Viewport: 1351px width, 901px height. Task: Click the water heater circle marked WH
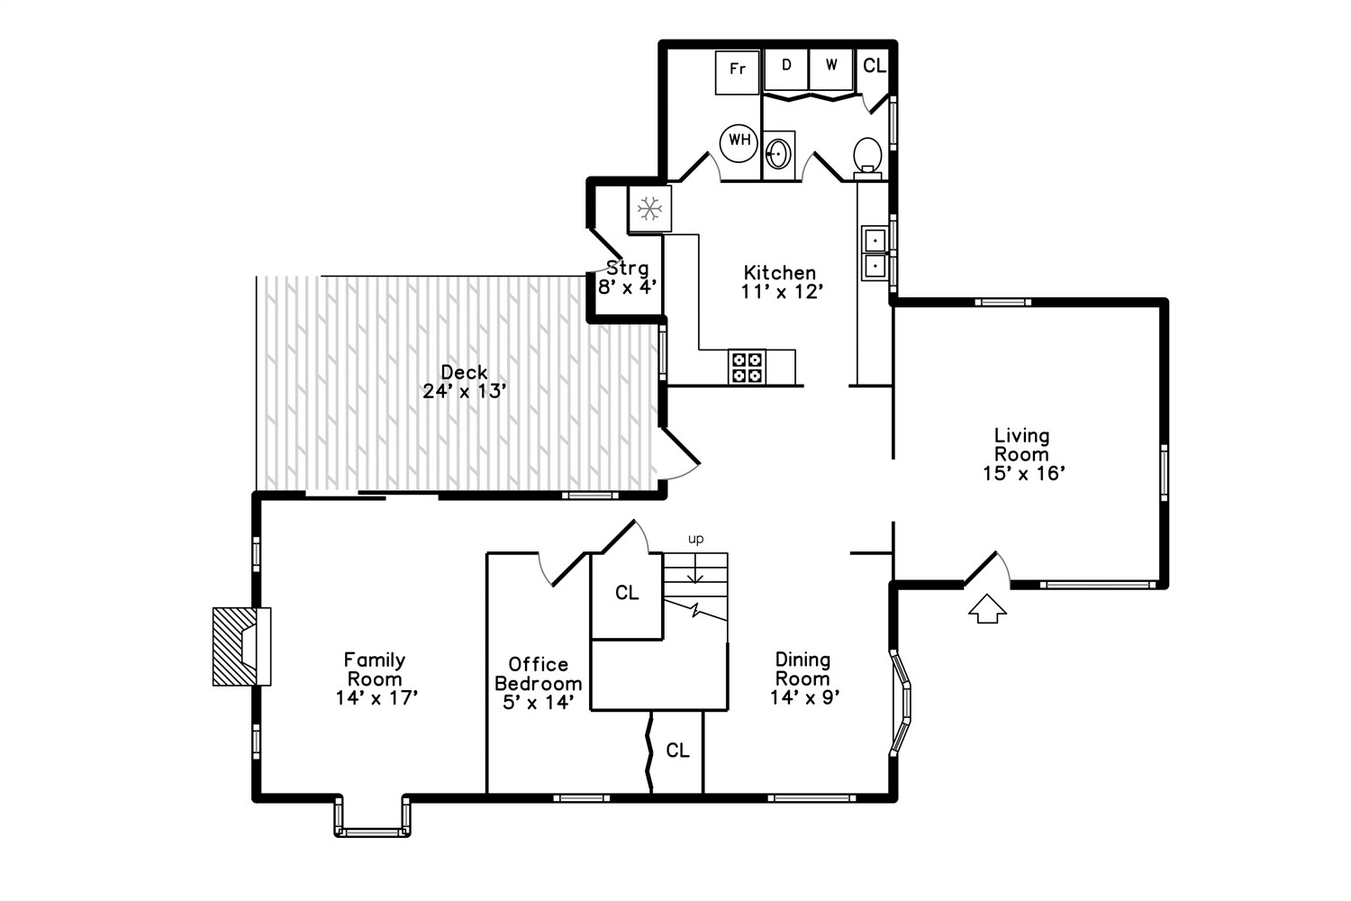pyautogui.click(x=739, y=143)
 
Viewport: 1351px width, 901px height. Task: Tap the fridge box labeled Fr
pyautogui.click(x=737, y=72)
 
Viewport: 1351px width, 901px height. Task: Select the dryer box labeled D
pyautogui.click(x=786, y=69)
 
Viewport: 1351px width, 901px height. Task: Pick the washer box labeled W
pyautogui.click(x=830, y=69)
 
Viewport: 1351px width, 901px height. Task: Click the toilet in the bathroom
pyautogui.click(x=868, y=158)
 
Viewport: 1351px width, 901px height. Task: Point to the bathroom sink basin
pyautogui.click(x=779, y=155)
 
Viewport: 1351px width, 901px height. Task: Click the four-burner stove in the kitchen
pyautogui.click(x=747, y=367)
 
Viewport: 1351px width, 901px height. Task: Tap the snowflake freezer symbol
pyautogui.click(x=649, y=209)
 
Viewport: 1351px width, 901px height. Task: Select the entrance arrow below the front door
pyautogui.click(x=987, y=608)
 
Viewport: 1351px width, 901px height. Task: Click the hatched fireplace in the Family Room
pyautogui.click(x=241, y=646)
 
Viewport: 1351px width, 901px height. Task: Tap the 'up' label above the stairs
pyautogui.click(x=695, y=539)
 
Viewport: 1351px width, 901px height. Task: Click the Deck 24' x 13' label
pyautogui.click(x=464, y=382)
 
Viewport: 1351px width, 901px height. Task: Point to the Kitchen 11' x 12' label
pyautogui.click(x=781, y=282)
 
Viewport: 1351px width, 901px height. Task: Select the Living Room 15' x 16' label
pyautogui.click(x=1023, y=454)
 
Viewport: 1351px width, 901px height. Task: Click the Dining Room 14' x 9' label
pyautogui.click(x=804, y=678)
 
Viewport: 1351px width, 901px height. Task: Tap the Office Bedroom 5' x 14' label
pyautogui.click(x=538, y=683)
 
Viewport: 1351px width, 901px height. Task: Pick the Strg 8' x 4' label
pyautogui.click(x=627, y=278)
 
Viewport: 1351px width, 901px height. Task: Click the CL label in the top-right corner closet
pyautogui.click(x=875, y=66)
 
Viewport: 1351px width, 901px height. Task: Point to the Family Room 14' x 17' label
pyautogui.click(x=376, y=678)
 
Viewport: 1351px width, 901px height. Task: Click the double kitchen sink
pyautogui.click(x=874, y=253)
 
